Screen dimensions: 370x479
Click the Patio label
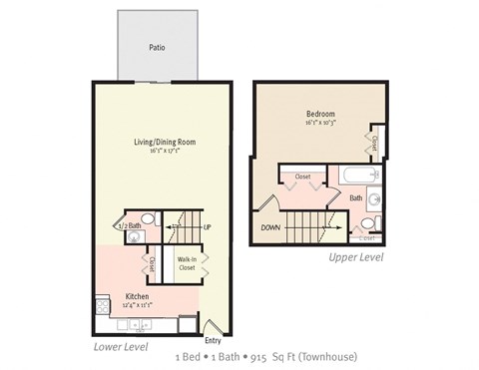point(156,47)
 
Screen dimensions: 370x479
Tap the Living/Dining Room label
point(165,142)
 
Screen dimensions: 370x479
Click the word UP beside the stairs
point(208,227)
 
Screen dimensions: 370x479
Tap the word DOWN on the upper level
point(270,227)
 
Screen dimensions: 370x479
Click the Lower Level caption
point(121,347)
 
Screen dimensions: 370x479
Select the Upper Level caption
point(356,257)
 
